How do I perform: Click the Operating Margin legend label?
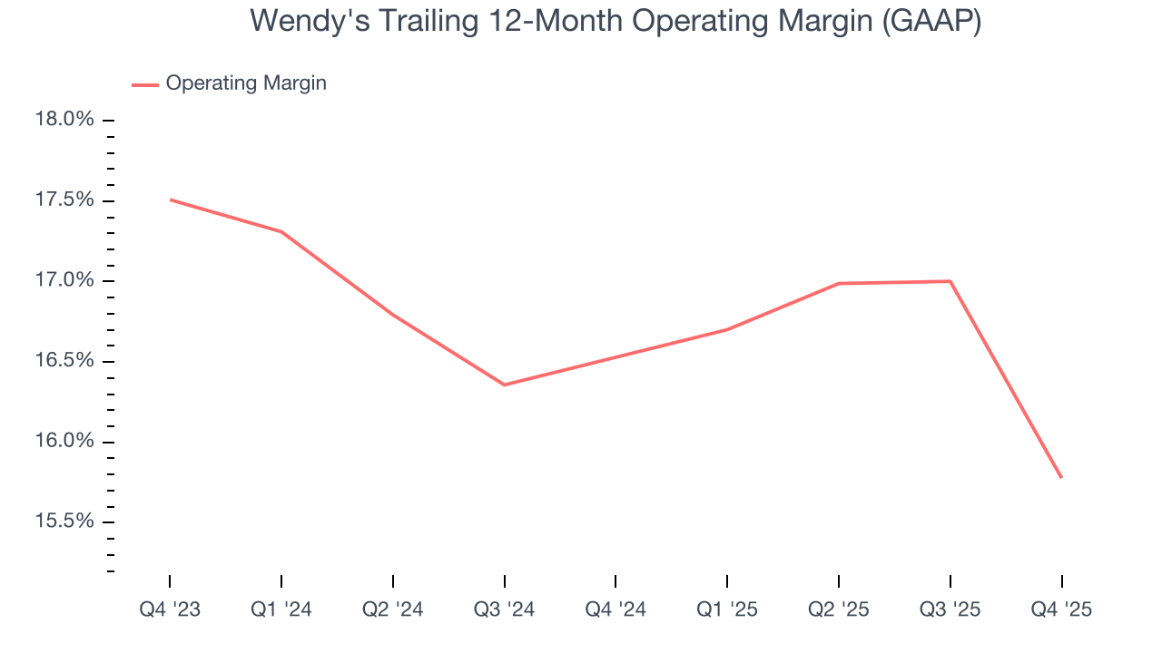(x=246, y=83)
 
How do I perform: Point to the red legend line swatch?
(x=145, y=84)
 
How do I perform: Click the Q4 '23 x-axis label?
(x=170, y=609)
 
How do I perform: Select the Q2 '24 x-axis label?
(x=392, y=609)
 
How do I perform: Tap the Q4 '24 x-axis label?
(x=615, y=609)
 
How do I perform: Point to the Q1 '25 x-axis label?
(x=727, y=609)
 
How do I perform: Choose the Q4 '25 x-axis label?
(x=1061, y=609)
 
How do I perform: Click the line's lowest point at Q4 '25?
(x=1061, y=477)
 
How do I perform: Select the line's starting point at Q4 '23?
(x=170, y=200)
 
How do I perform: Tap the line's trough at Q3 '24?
(x=504, y=385)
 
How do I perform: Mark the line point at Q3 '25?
(x=950, y=281)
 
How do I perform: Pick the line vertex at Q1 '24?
(x=281, y=231)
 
